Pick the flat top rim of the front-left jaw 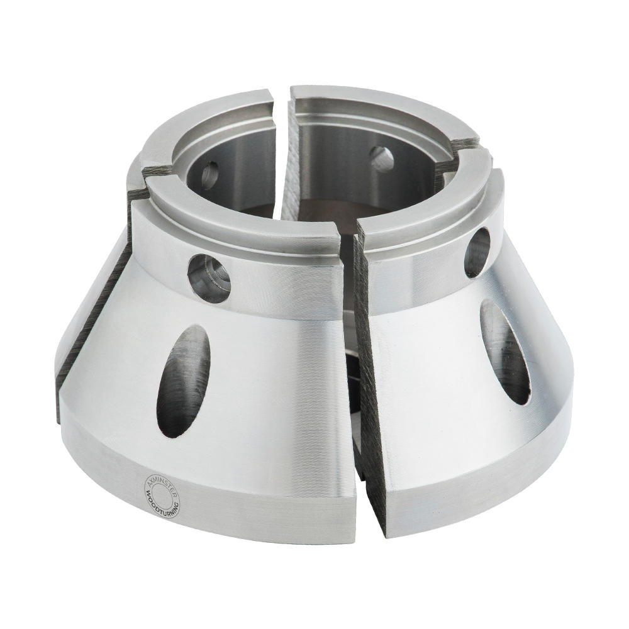click(233, 214)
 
